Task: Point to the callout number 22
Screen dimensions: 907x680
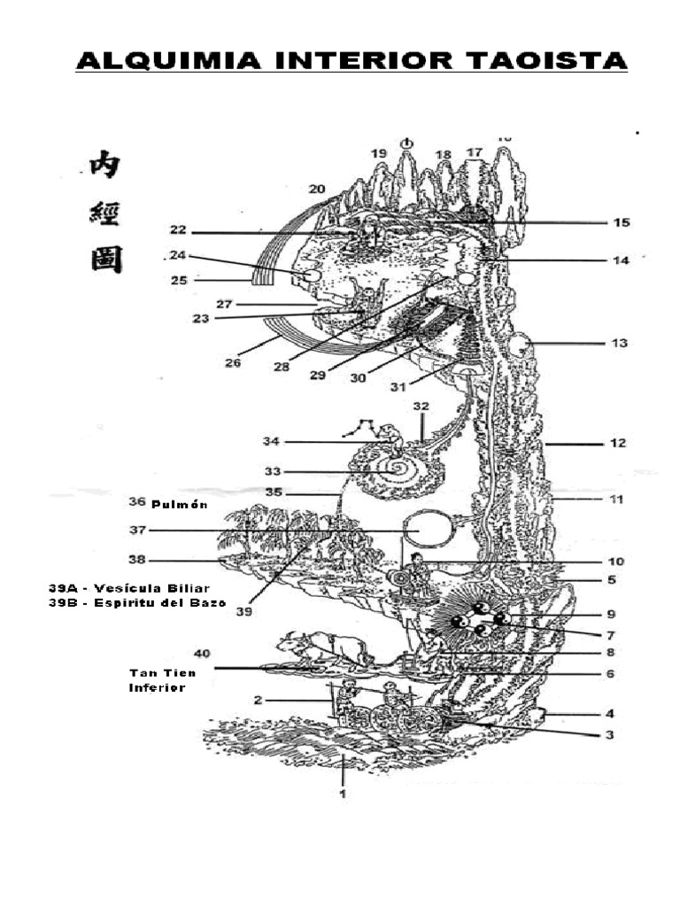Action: coord(178,231)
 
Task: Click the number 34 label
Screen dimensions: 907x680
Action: coord(273,441)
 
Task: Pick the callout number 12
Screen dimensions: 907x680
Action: coord(617,443)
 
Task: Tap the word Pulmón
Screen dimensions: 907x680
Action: coord(182,504)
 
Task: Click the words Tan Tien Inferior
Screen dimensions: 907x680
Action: coord(158,680)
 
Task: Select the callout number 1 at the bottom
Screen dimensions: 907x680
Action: coord(342,795)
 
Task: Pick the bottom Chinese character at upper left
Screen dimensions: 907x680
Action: coord(106,260)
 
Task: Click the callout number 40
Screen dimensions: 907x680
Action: coord(202,654)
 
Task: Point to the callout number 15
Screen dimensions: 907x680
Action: coord(622,222)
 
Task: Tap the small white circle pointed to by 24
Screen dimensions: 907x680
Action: coord(310,276)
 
